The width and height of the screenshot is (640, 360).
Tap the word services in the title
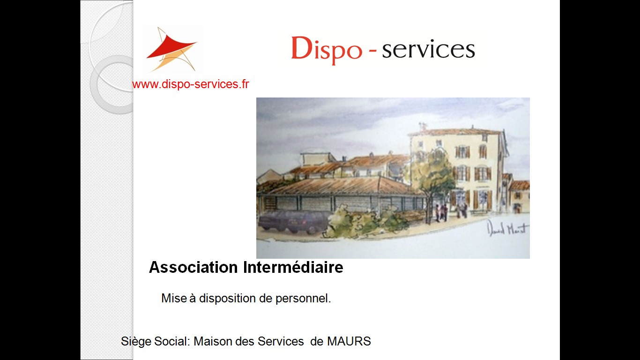(x=429, y=50)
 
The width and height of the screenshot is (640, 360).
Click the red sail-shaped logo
(x=171, y=49)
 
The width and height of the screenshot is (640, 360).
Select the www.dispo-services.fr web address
(x=191, y=84)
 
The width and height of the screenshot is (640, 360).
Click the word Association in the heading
(x=193, y=267)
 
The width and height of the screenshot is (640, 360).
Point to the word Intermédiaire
(x=293, y=267)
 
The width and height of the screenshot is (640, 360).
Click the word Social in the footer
(x=171, y=341)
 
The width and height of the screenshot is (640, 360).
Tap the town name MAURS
(x=349, y=341)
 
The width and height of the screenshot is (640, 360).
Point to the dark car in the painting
(x=292, y=222)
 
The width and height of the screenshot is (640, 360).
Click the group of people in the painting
(x=441, y=213)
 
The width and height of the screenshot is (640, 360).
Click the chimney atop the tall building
(x=422, y=126)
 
